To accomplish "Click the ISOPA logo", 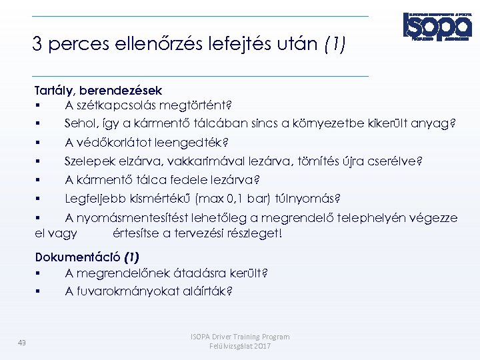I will (x=437, y=27).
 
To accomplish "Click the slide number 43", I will (x=22, y=343).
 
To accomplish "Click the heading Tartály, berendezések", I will (x=99, y=89).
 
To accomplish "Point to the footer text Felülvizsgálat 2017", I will (x=240, y=347).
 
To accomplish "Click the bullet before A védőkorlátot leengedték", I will (x=40, y=142).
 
